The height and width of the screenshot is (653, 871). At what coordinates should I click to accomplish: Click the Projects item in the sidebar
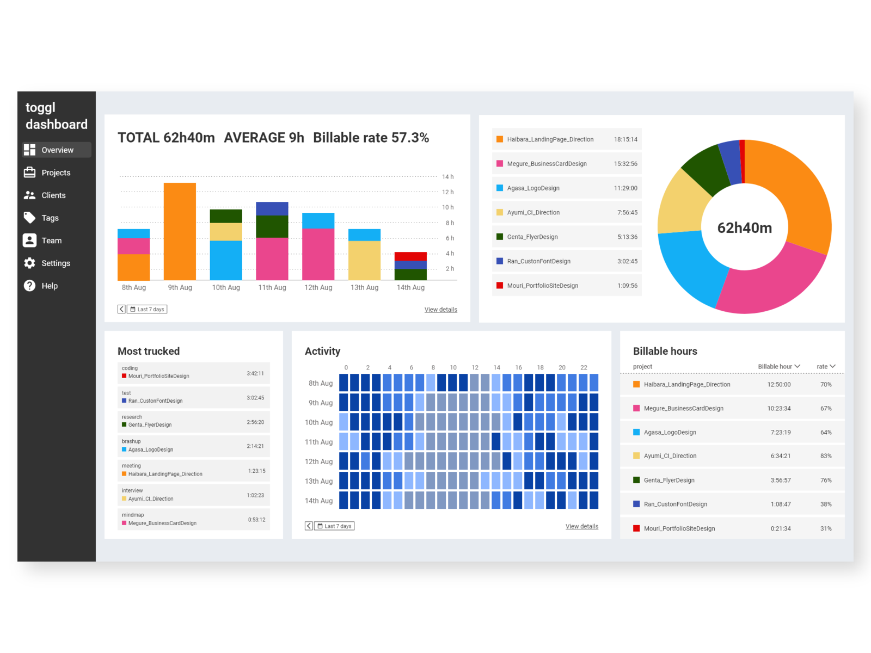pos(56,173)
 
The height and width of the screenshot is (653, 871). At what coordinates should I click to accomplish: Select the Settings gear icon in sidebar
pos(29,263)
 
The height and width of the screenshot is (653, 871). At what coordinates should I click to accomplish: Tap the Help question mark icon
pos(29,286)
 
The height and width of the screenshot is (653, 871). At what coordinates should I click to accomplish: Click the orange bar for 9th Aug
pos(180,231)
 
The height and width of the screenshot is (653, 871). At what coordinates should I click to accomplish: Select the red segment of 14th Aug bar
pos(410,256)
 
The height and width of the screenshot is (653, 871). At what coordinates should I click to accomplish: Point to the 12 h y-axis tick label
pos(447,192)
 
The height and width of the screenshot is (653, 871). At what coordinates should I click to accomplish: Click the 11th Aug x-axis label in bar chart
pos(272,287)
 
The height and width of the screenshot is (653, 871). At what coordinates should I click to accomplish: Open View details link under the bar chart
pos(440,310)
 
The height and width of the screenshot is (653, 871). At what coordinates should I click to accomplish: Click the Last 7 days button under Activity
pos(335,526)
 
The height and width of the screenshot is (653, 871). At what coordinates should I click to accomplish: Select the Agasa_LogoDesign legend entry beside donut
pos(533,188)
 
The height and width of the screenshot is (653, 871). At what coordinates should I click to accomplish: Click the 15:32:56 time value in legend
pos(625,164)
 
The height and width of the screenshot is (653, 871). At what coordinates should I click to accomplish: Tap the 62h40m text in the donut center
pos(744,228)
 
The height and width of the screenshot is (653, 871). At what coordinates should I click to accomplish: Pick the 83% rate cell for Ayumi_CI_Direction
pos(825,456)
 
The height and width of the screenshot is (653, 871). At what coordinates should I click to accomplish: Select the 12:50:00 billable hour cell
pos(778,385)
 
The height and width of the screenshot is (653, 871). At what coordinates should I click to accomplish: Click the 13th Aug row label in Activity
pos(318,481)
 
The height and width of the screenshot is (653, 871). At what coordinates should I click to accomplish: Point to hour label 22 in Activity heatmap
pos(584,368)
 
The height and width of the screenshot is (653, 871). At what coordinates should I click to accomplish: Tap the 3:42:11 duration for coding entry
pos(255,373)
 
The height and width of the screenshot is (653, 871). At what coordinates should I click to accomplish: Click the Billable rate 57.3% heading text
pos(371,138)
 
